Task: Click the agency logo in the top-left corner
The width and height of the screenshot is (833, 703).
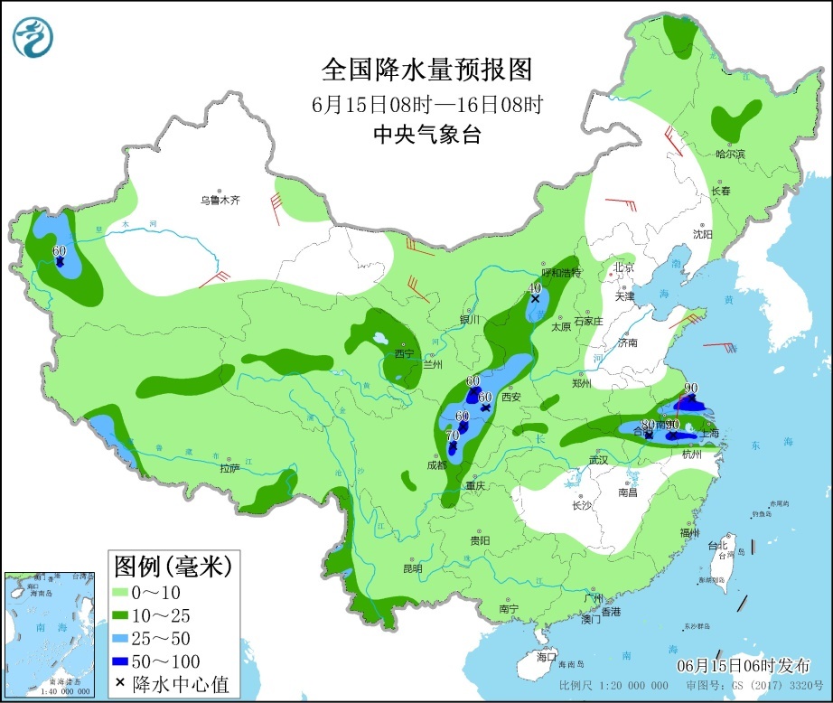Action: point(33,37)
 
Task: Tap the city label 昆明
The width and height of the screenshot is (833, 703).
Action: point(412,568)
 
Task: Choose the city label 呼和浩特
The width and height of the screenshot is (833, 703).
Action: point(561,273)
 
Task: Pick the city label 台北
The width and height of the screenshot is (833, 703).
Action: point(716,545)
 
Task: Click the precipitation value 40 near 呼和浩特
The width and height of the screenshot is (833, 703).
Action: point(534,287)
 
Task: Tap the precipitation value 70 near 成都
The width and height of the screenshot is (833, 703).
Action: point(453,436)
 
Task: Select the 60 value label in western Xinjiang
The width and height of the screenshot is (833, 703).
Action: point(60,250)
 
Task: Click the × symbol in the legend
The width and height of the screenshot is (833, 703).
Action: point(120,684)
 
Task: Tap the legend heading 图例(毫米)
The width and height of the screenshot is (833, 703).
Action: point(172,567)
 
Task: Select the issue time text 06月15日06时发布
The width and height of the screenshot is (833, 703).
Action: point(744,665)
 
